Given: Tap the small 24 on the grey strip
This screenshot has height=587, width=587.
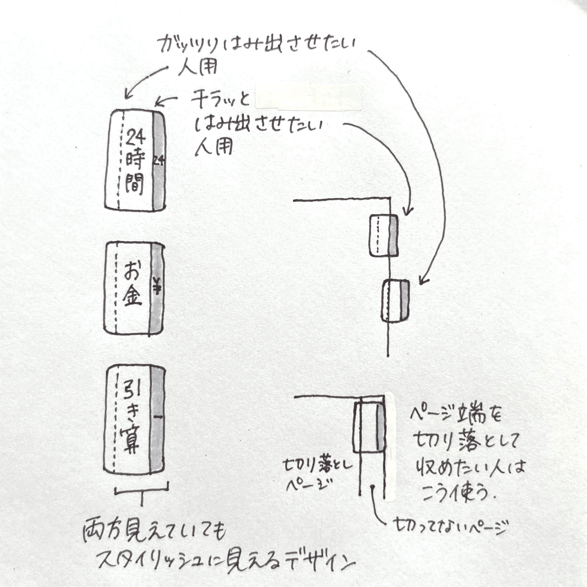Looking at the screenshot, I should click(x=158, y=160).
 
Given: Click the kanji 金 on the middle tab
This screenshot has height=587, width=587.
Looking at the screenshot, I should click(x=132, y=295).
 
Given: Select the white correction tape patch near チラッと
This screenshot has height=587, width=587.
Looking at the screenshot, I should click(x=309, y=98).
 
